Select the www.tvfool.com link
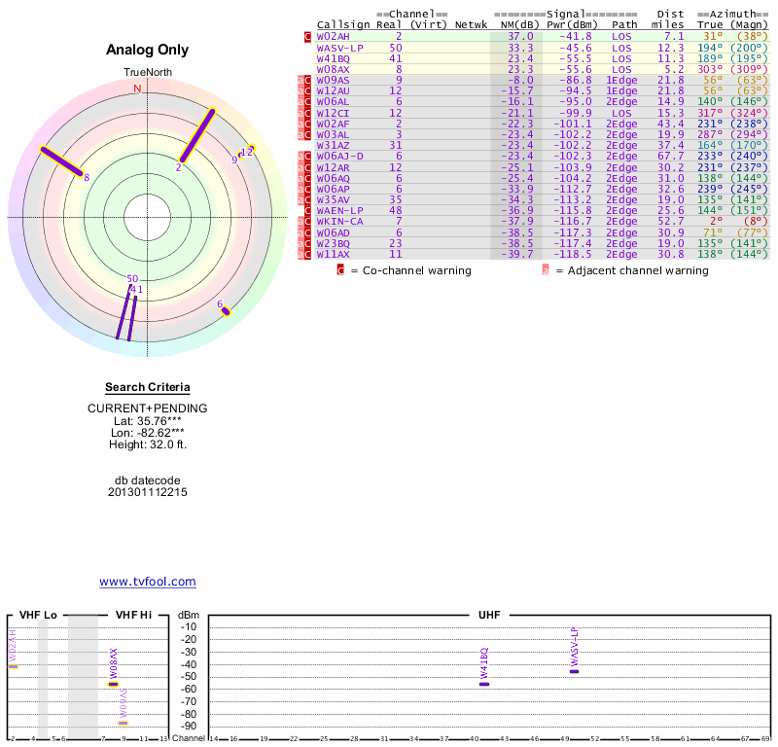click(x=148, y=582)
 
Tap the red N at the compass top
click(x=137, y=89)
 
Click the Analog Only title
click(x=148, y=50)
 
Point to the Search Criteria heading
click(x=148, y=387)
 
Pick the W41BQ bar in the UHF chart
click(x=484, y=684)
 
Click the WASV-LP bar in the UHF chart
click(x=574, y=671)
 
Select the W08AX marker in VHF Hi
click(x=114, y=684)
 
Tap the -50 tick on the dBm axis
click(x=189, y=677)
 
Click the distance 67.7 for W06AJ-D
click(x=671, y=156)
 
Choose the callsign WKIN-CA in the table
click(x=340, y=221)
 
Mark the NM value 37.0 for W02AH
click(x=520, y=36)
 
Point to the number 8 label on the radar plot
click(x=87, y=177)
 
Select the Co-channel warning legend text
click(x=415, y=270)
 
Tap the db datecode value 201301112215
click(x=148, y=492)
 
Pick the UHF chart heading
click(x=489, y=616)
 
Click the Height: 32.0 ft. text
click(x=148, y=445)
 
